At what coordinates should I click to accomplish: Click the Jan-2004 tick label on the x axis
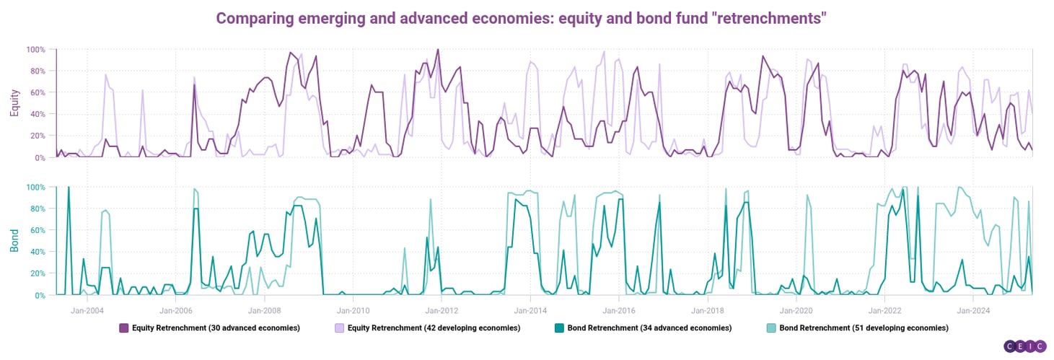coord(87,311)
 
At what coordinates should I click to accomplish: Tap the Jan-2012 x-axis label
coord(442,311)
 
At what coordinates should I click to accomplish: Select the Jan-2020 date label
coord(796,311)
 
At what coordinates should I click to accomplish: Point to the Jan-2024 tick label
coord(973,311)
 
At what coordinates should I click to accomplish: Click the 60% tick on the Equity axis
coord(36,93)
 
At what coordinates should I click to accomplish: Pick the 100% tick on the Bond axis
coord(36,188)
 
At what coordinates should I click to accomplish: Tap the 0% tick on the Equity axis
coord(39,158)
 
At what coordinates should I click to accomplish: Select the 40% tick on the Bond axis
coord(36,252)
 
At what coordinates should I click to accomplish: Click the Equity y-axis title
coord(14,103)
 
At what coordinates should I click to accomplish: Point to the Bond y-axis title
coord(14,240)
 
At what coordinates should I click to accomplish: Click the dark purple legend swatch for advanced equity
coord(124,328)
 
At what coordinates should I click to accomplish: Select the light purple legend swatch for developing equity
coord(339,328)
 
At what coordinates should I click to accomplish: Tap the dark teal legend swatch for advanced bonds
coord(560,328)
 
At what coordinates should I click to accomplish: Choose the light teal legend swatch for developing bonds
coord(771,328)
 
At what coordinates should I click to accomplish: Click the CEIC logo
coord(1025,347)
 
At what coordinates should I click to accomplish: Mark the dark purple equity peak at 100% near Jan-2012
coord(438,49)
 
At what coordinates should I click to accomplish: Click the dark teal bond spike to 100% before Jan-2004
coord(69,188)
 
